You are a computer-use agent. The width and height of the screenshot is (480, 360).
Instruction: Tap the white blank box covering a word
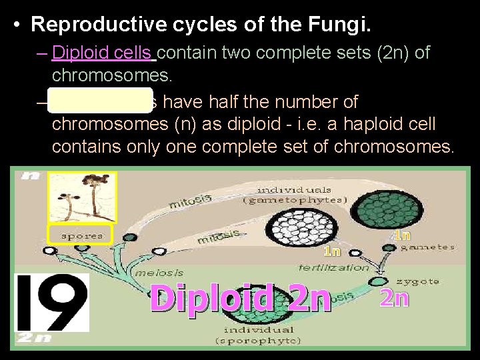(101, 101)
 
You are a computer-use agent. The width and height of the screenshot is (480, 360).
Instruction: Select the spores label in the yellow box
(81, 235)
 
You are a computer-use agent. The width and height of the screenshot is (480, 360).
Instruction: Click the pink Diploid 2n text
(240, 298)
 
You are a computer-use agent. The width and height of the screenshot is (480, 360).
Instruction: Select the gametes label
(427, 247)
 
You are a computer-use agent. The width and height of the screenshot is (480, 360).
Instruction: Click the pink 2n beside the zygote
(393, 298)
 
